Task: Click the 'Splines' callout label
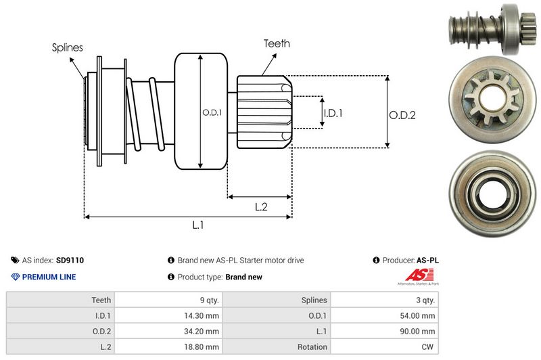coord(68,48)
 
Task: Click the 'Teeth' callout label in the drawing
coord(277,43)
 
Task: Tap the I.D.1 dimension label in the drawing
coord(333,113)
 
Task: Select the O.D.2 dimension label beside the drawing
coord(402,115)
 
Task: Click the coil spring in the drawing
coord(145,112)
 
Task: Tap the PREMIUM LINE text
coord(49,277)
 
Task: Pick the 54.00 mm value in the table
coord(420,315)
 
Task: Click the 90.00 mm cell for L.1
coord(420,331)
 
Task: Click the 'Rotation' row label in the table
coord(312,346)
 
